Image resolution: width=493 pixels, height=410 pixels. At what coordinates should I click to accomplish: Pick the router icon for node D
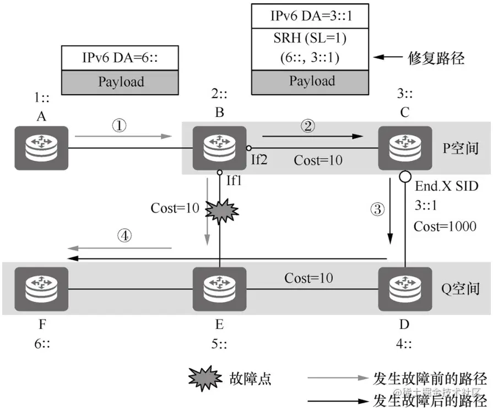point(404,288)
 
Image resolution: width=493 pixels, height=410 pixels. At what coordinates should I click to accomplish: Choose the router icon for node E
point(219,288)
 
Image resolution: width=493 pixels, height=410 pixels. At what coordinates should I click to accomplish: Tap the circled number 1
point(120,126)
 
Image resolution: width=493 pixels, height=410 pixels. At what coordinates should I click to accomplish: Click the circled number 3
point(376,209)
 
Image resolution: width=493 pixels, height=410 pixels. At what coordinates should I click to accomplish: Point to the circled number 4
point(126,235)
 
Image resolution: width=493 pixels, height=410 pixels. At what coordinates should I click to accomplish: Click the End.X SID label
point(447,186)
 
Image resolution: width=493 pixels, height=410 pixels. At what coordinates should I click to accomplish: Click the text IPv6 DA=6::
point(121,58)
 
